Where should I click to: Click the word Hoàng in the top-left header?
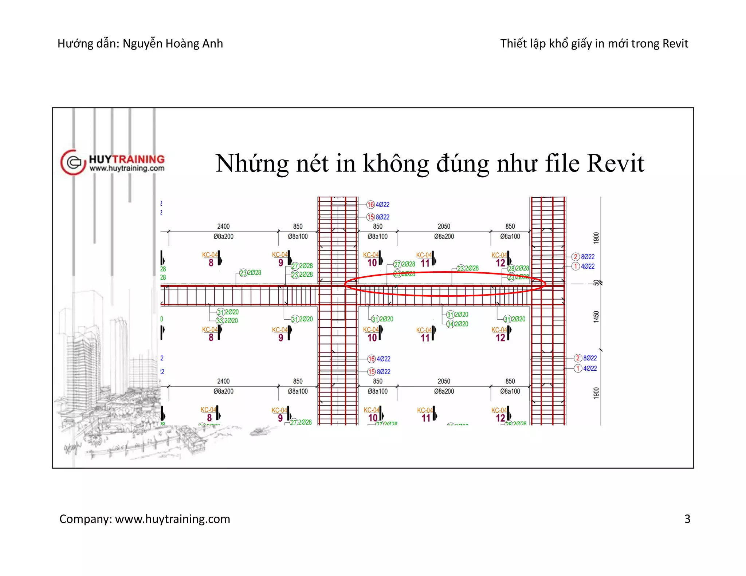pos(181,43)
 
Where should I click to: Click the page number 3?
pos(687,518)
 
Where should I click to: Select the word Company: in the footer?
pos(86,519)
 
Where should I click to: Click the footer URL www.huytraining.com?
pos(173,519)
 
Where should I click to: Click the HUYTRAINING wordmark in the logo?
pos(127,159)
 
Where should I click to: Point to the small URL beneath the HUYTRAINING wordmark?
pos(127,168)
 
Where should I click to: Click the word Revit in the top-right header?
pos(675,43)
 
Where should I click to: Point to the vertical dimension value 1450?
pos(596,316)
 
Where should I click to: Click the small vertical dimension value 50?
pos(596,283)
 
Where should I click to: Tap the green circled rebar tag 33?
pos(220,321)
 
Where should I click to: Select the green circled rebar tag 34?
pos(450,324)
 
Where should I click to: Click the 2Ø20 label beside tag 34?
pos(462,324)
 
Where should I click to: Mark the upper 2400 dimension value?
pos(223,226)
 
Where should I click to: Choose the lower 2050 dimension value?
pos(444,381)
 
